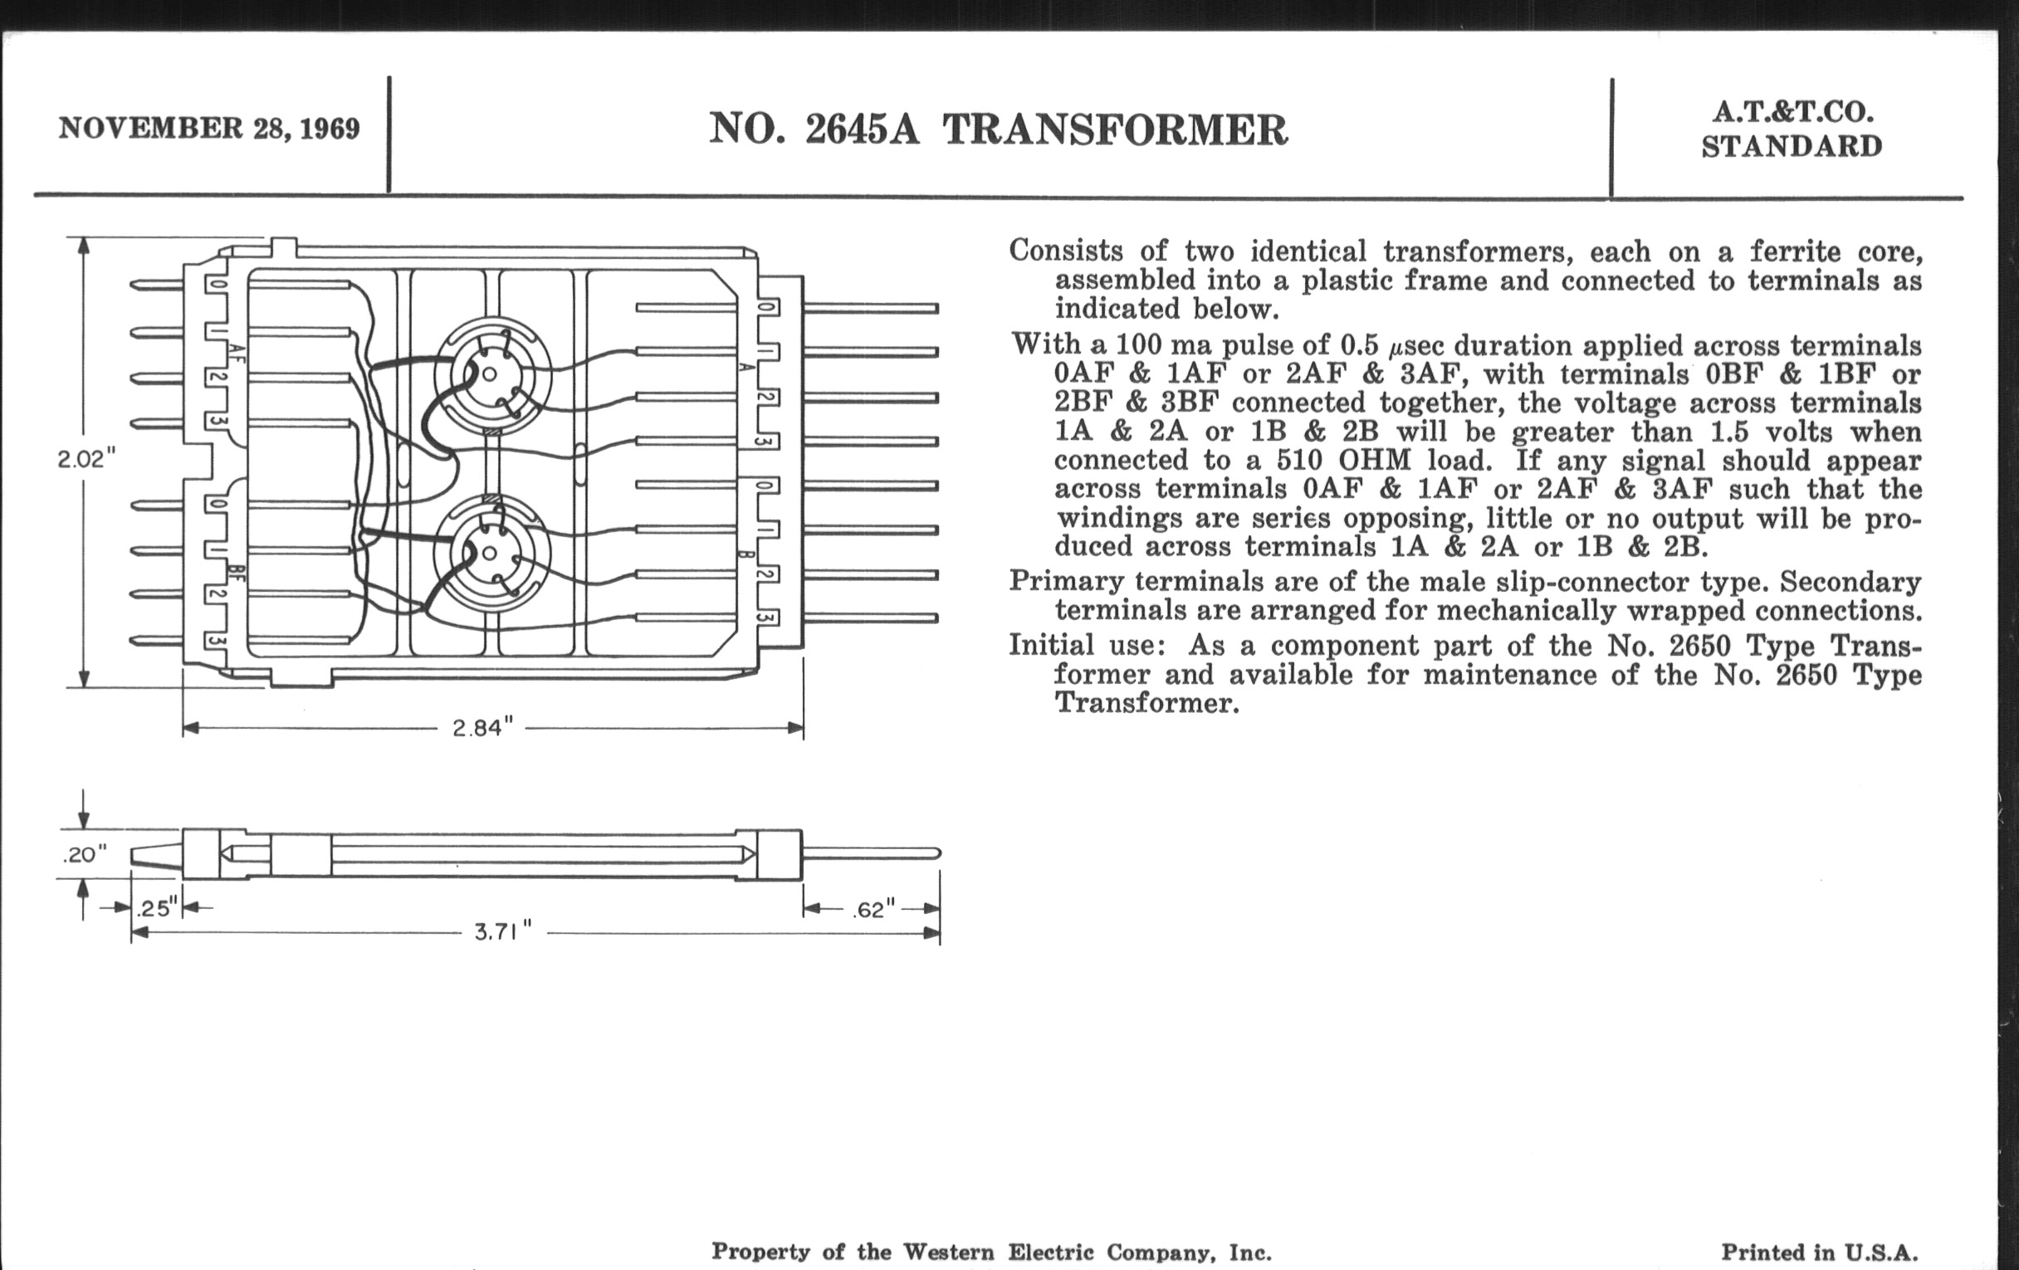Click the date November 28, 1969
click(208, 129)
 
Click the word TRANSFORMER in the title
click(1115, 131)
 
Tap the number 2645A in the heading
click(862, 131)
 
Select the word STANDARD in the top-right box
click(1792, 147)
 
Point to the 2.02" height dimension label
click(86, 459)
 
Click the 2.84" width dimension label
click(482, 728)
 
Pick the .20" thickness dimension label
click(85, 854)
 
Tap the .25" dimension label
click(157, 908)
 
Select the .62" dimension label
click(873, 909)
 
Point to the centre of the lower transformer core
click(491, 554)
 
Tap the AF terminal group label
click(237, 354)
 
